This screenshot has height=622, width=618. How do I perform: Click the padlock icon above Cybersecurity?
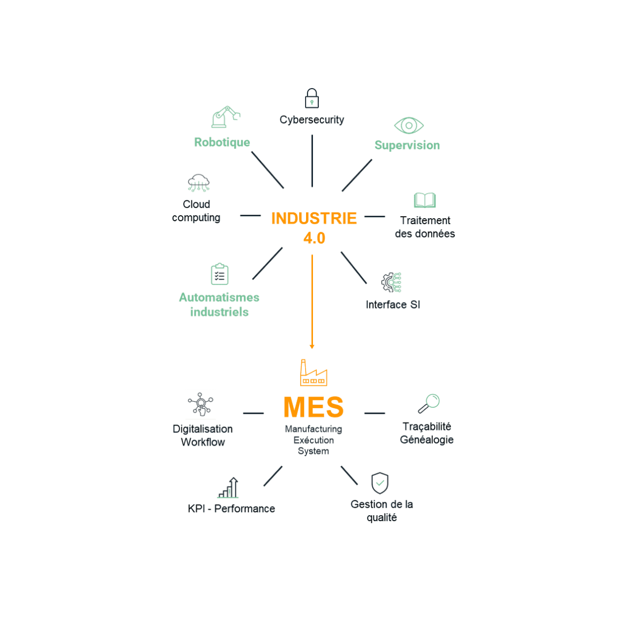(x=311, y=98)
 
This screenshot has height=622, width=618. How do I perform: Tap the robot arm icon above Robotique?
(x=225, y=117)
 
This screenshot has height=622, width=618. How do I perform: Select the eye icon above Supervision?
(x=409, y=126)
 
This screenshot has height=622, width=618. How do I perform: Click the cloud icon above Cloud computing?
(x=198, y=183)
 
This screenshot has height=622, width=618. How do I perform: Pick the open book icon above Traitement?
(x=425, y=200)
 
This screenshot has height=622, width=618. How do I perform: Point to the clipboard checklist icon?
(x=220, y=274)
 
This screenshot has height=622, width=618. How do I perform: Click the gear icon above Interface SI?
(x=391, y=283)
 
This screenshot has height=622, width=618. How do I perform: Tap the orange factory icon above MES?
(x=313, y=373)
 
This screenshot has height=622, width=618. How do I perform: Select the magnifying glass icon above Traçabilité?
(x=429, y=403)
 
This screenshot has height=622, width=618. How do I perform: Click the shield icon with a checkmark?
(x=380, y=483)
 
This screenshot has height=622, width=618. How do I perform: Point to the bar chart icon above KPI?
(x=229, y=488)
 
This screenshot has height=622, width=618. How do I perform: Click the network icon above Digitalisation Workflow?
(x=201, y=404)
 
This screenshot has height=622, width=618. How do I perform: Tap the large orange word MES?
(x=313, y=408)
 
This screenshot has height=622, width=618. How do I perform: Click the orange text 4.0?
(x=314, y=238)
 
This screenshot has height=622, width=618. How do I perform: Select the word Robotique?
(x=222, y=143)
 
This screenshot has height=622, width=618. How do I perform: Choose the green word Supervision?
(x=407, y=145)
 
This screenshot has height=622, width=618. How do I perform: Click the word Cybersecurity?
(x=311, y=120)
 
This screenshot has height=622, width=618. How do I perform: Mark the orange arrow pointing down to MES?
(x=312, y=302)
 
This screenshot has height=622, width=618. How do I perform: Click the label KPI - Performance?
(x=231, y=509)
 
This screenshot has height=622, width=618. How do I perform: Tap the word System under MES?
(x=313, y=451)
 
